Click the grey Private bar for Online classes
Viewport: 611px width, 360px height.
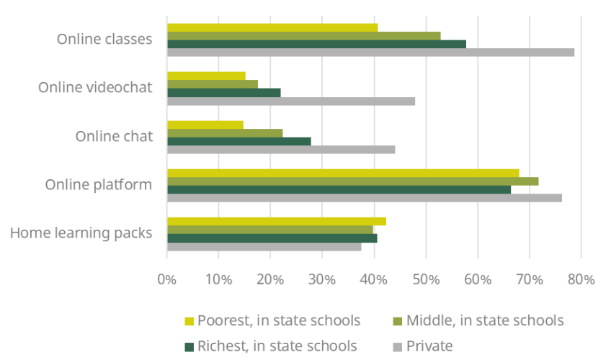(x=370, y=53)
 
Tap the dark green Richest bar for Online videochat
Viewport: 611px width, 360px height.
(x=223, y=93)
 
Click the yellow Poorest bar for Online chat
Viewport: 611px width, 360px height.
(x=205, y=125)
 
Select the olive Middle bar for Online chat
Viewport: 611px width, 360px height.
(x=225, y=132)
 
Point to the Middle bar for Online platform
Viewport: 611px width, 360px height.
(x=352, y=181)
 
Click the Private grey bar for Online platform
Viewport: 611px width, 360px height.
(x=364, y=198)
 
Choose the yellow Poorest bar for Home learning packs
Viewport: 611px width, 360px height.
(x=277, y=221)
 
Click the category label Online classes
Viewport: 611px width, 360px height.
(x=104, y=39)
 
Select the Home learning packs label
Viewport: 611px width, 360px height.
(x=81, y=233)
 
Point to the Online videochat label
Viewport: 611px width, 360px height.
(x=95, y=87)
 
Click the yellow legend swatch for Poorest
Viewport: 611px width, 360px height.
(x=189, y=320)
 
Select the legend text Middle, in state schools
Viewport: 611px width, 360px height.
(x=484, y=320)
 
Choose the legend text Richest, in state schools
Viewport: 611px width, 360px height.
(x=277, y=346)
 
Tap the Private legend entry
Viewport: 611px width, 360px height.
(x=429, y=346)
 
